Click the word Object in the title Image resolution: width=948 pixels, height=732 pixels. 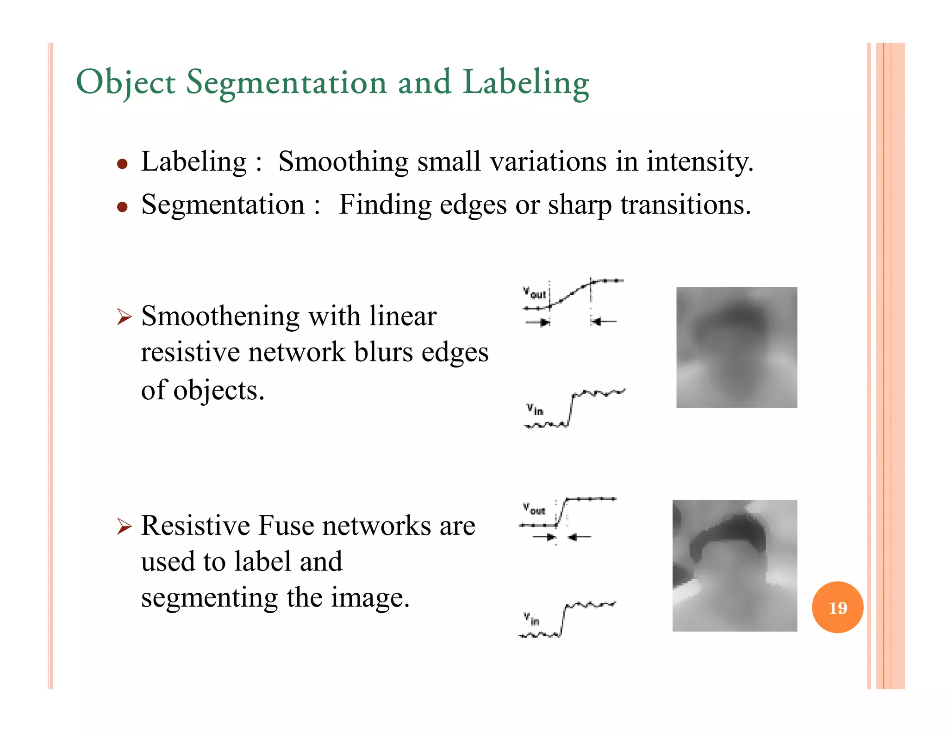[125, 82]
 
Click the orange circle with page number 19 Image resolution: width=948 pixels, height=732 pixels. [837, 607]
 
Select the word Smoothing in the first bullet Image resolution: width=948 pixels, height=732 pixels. [343, 162]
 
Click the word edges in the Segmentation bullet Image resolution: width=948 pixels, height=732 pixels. [473, 205]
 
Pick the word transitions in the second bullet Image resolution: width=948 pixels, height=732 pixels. [685, 205]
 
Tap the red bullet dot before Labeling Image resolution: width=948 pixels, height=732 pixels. [122, 164]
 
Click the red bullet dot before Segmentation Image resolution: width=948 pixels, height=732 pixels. [122, 207]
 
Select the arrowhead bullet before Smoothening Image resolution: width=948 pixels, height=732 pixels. [124, 317]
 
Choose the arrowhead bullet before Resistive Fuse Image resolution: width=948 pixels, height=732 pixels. [124, 526]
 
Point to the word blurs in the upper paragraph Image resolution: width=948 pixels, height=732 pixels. [383, 353]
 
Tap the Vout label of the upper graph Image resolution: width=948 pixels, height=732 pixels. [535, 293]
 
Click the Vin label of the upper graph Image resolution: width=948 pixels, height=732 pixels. [535, 409]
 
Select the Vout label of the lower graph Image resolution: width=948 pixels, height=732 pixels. [534, 509]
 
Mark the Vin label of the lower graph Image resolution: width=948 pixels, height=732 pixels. [531, 619]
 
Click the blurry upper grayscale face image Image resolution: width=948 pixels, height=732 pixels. [736, 347]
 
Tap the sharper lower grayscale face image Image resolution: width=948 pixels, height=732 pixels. [735, 565]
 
